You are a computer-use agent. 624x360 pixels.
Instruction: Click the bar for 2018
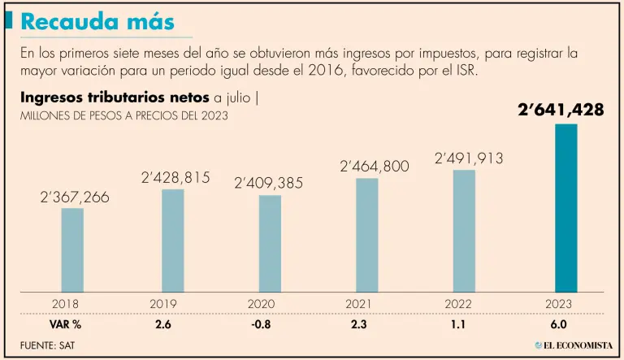coord(72,249)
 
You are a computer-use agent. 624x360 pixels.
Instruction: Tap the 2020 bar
coord(270,243)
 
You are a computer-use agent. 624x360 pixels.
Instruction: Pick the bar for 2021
coord(367,234)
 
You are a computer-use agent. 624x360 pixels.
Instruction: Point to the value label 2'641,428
coord(561,109)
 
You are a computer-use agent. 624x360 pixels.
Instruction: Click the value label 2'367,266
coord(75,197)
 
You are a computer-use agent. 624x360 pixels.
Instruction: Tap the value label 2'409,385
coord(269,184)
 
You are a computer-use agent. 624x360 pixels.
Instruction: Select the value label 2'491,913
coord(470,158)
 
